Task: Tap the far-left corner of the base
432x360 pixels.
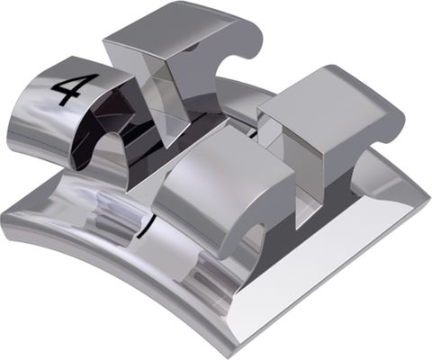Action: (x=7, y=216)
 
